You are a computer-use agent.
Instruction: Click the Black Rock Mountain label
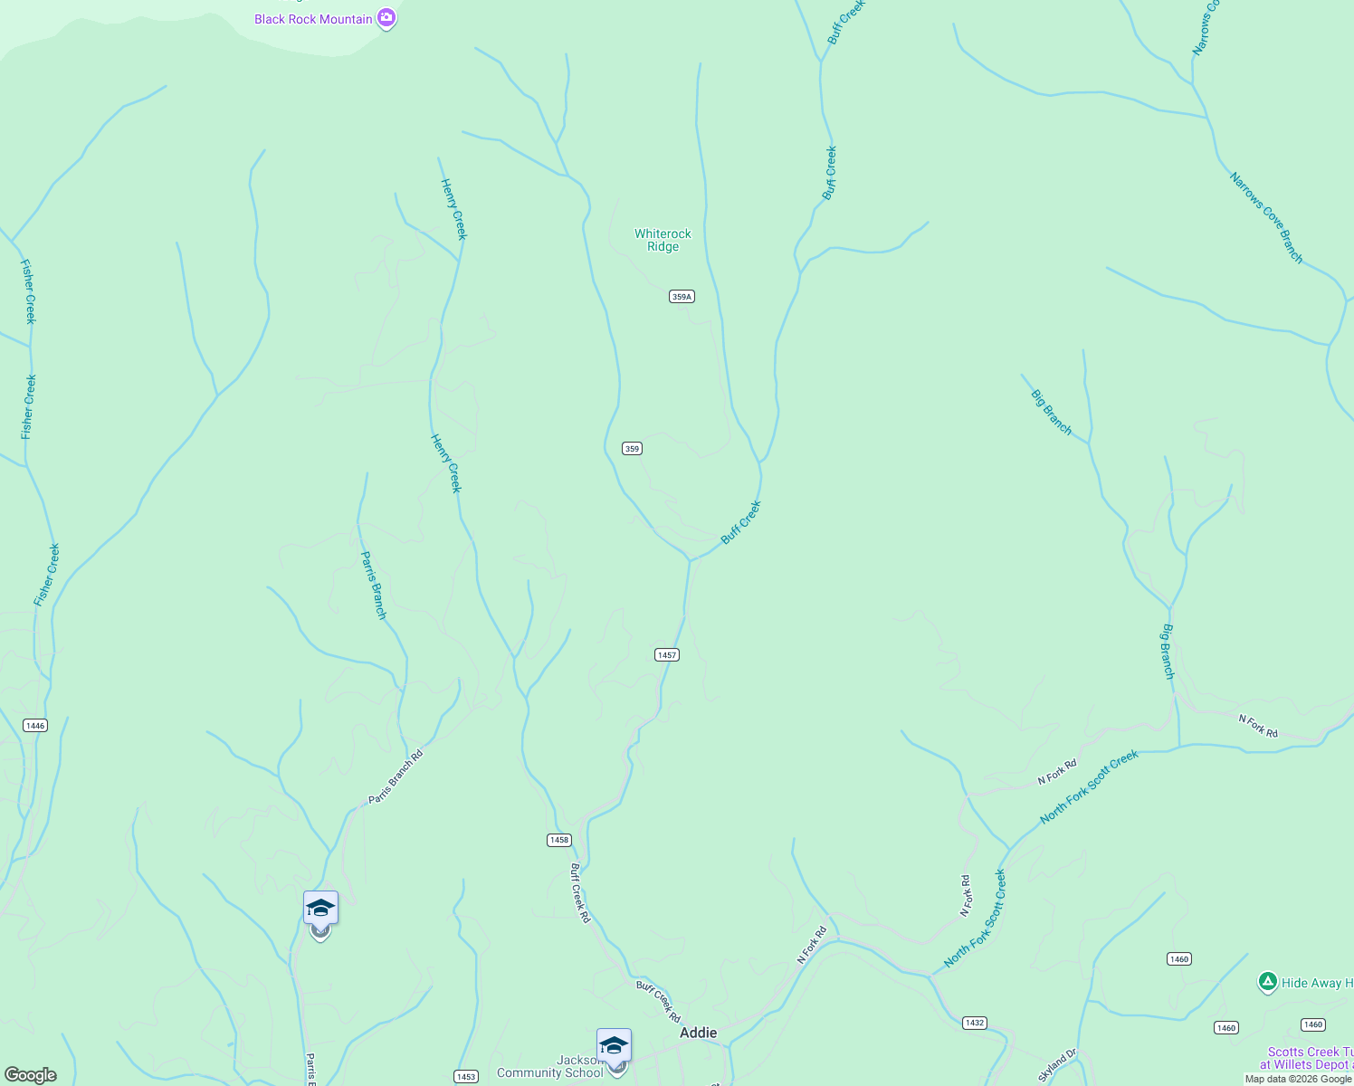(313, 19)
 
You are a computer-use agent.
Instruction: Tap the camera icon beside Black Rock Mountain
(386, 17)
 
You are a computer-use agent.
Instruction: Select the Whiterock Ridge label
(663, 240)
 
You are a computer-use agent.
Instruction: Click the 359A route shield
(682, 297)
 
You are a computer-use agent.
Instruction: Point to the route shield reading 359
(632, 449)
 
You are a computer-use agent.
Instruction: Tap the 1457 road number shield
(666, 655)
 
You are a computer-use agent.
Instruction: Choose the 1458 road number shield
(559, 841)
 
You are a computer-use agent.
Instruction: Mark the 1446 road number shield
(34, 726)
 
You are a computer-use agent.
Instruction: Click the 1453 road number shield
(466, 1077)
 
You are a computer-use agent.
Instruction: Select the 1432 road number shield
(974, 1024)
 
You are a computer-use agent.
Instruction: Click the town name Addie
(698, 1033)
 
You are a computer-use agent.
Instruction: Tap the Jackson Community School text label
(549, 1067)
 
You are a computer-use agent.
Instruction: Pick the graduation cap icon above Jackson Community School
(614, 1044)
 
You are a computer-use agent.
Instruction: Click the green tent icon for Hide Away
(1268, 982)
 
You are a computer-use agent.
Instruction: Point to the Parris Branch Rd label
(396, 776)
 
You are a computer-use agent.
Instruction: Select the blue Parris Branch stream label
(374, 586)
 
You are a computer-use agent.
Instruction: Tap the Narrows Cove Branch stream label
(1266, 218)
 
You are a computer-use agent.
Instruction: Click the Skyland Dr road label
(1058, 1065)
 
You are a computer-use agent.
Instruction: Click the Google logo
(30, 1075)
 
